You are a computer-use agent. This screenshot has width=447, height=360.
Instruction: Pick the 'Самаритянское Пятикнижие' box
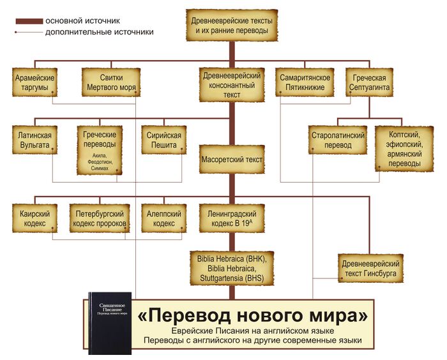pyautogui.click(x=303, y=82)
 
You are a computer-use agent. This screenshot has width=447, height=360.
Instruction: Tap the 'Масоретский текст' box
pyautogui.click(x=231, y=160)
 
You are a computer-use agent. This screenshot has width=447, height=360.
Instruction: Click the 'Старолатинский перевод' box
pyautogui.click(x=337, y=140)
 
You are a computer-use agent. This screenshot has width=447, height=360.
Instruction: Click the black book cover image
pyautogui.click(x=109, y=324)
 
